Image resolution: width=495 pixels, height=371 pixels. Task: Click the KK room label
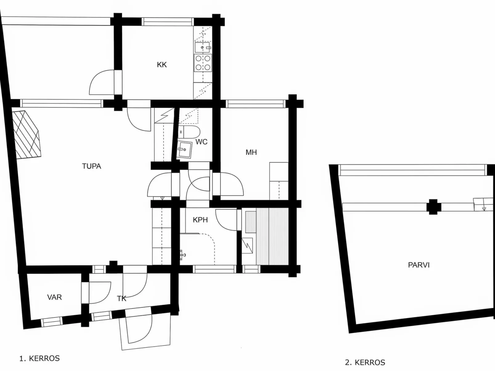162,65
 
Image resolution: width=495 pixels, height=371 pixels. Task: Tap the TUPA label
91,166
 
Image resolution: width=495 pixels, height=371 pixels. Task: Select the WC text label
201,142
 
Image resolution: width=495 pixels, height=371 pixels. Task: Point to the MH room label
251,152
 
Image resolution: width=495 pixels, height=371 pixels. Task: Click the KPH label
200,220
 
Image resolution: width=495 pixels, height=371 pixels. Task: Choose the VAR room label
54,297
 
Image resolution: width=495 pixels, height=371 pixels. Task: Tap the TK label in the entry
121,299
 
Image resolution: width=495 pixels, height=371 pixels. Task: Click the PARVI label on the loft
419,265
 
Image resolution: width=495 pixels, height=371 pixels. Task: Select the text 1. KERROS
39,358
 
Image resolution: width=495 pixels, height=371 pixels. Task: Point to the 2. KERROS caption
365,362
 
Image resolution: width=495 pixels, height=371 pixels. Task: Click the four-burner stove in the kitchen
203,63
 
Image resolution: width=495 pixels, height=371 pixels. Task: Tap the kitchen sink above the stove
203,47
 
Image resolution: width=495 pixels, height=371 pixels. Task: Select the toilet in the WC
189,132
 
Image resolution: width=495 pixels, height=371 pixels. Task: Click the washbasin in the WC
184,149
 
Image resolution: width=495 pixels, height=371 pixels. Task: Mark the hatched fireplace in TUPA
27,135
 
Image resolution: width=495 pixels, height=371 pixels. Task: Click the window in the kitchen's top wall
168,22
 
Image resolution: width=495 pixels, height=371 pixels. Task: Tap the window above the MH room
256,104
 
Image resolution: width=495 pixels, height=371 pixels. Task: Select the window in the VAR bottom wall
52,321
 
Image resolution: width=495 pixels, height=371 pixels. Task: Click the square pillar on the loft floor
433,207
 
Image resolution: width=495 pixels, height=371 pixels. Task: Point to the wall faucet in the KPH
182,255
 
